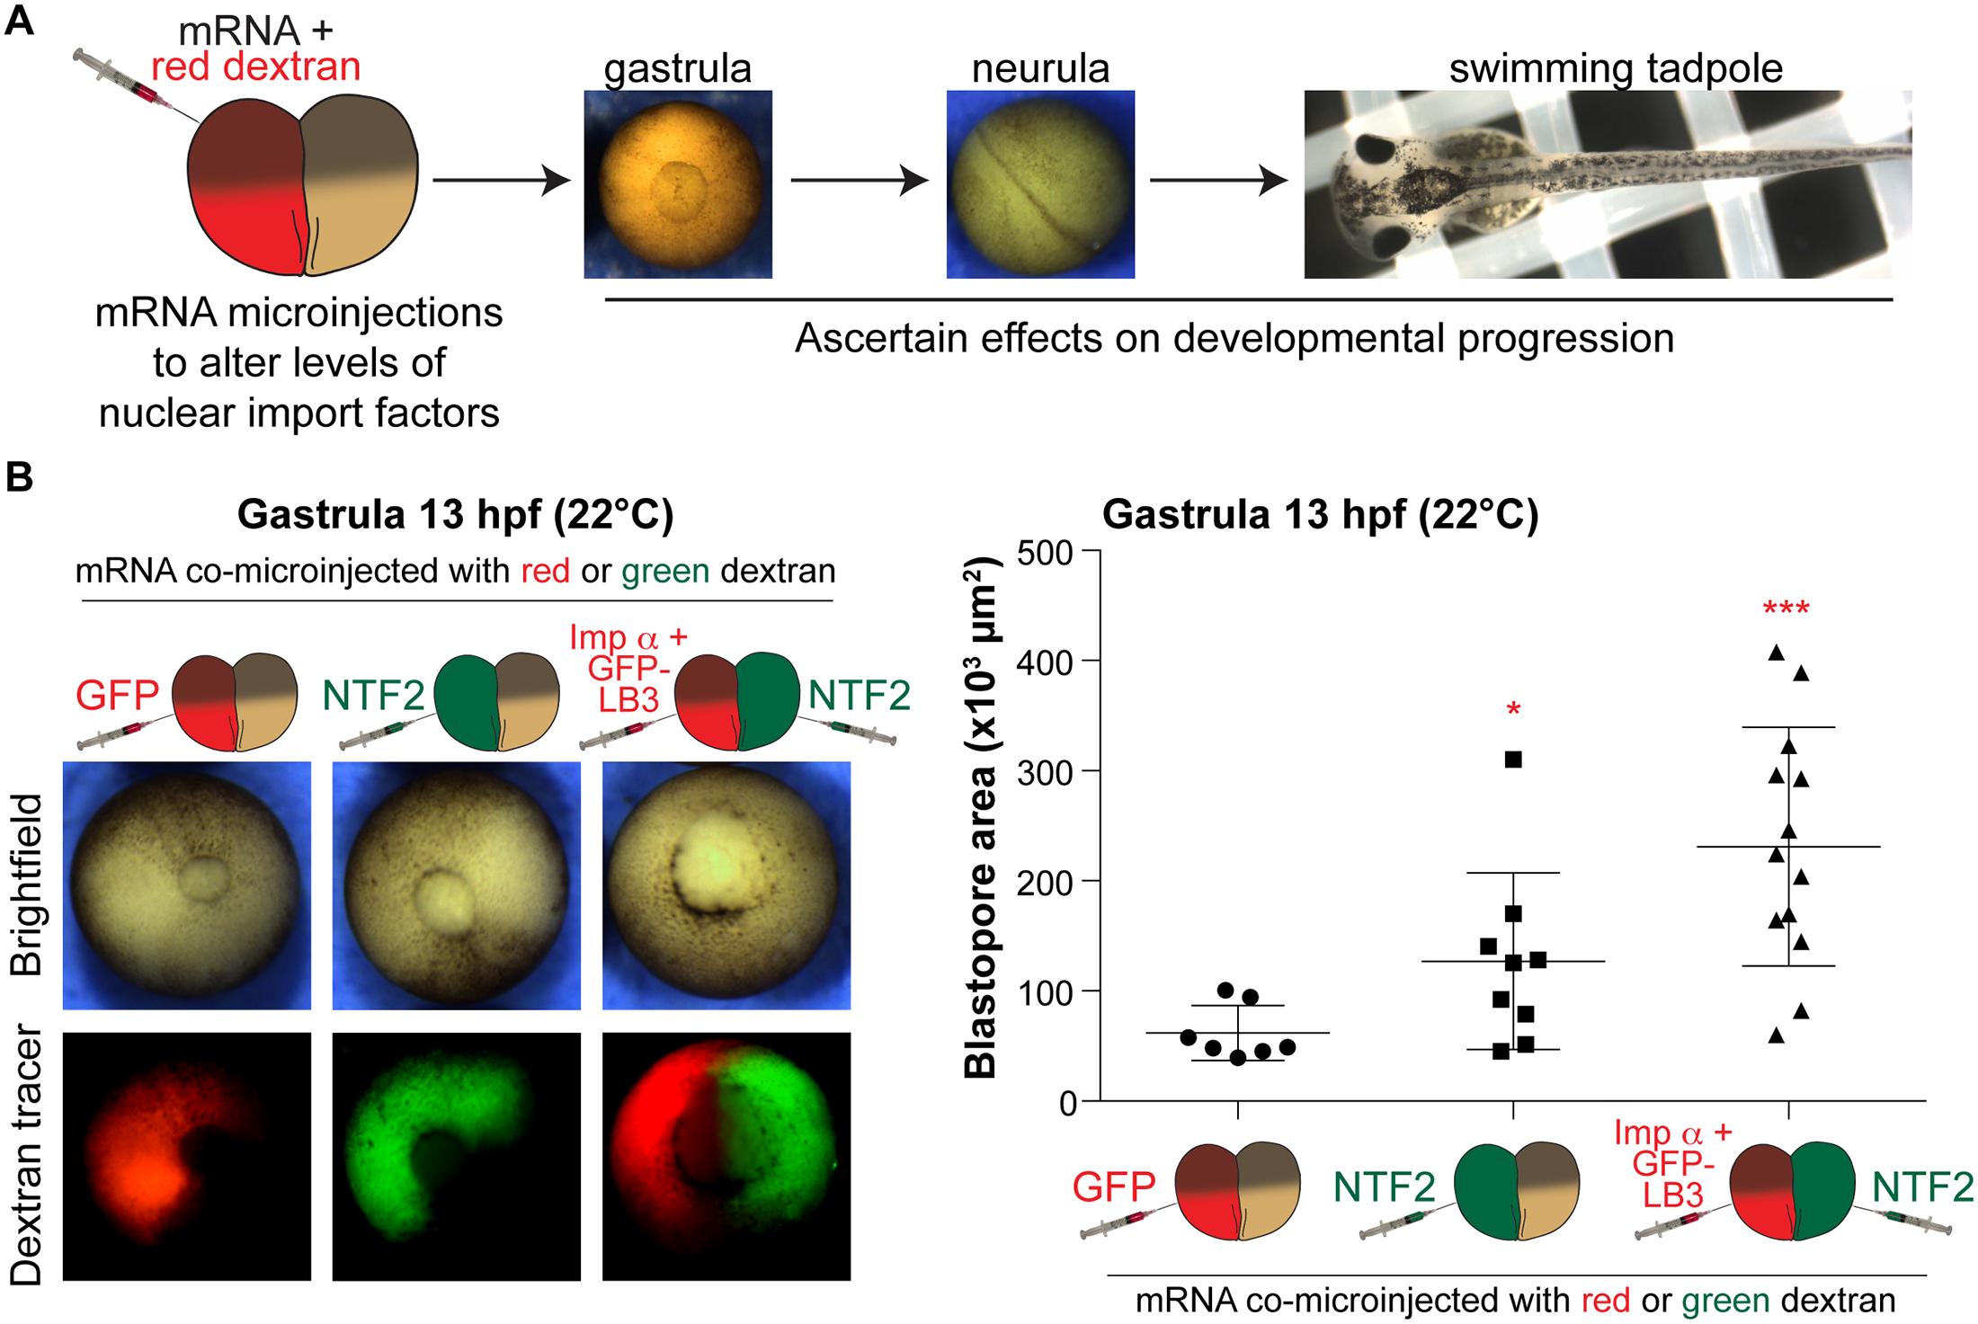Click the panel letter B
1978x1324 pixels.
click(x=20, y=477)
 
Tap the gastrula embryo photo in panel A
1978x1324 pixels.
click(x=678, y=183)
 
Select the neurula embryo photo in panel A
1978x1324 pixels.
click(x=1040, y=183)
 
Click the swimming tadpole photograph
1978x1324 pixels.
click(x=1608, y=183)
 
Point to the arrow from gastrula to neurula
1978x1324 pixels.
click(x=859, y=181)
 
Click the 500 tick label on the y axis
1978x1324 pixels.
click(x=1047, y=552)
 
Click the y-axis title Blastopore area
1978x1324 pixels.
click(x=981, y=818)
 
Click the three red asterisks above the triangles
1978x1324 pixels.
click(x=1786, y=610)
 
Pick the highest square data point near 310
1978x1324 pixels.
click(x=1513, y=760)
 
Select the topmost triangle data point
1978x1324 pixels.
click(x=1777, y=653)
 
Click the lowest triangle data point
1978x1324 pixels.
click(x=1777, y=1035)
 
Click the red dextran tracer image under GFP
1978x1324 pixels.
click(x=187, y=1155)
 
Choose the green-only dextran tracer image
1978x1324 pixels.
click(x=457, y=1155)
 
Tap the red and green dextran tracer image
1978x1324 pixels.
click(x=726, y=1155)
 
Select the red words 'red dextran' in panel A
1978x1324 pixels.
click(x=255, y=67)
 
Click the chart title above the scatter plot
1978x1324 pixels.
click(x=1320, y=514)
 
